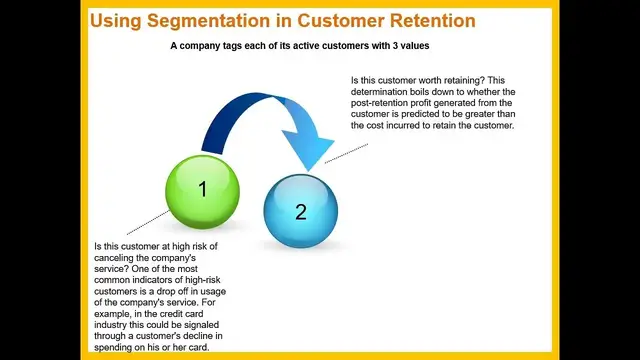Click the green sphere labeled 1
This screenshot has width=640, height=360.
pos(202,187)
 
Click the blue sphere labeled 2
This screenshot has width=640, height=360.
pos(300,211)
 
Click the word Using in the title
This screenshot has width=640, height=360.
pos(117,21)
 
